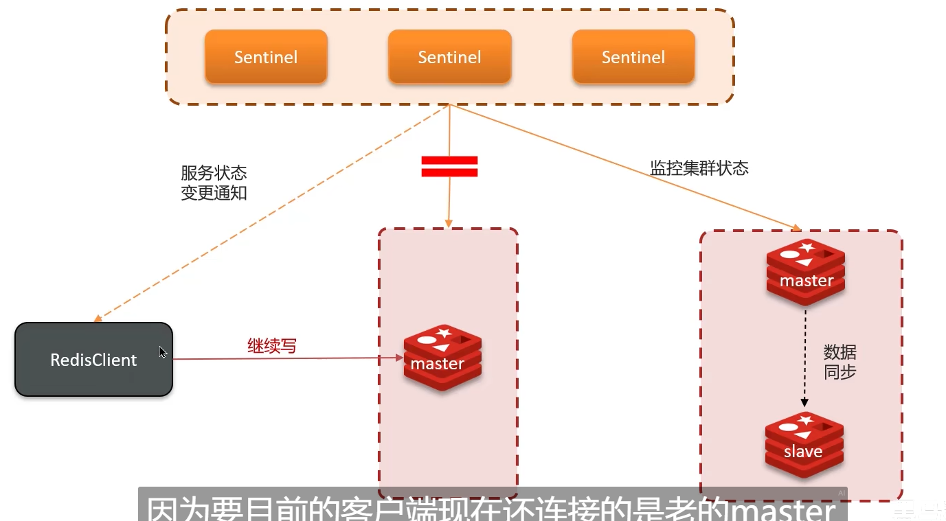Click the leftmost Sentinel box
tap(266, 57)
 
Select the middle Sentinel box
tap(449, 57)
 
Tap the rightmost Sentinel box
tap(633, 57)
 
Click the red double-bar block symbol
tap(449, 167)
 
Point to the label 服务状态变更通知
tap(214, 183)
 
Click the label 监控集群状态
tap(699, 168)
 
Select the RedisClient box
tap(93, 360)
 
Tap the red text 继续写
tap(272, 346)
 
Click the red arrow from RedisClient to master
tap(289, 358)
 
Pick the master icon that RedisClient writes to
tap(442, 358)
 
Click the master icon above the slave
tap(806, 273)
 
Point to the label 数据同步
tap(840, 362)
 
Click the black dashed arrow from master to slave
tap(804, 357)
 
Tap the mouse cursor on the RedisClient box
tap(163, 352)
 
